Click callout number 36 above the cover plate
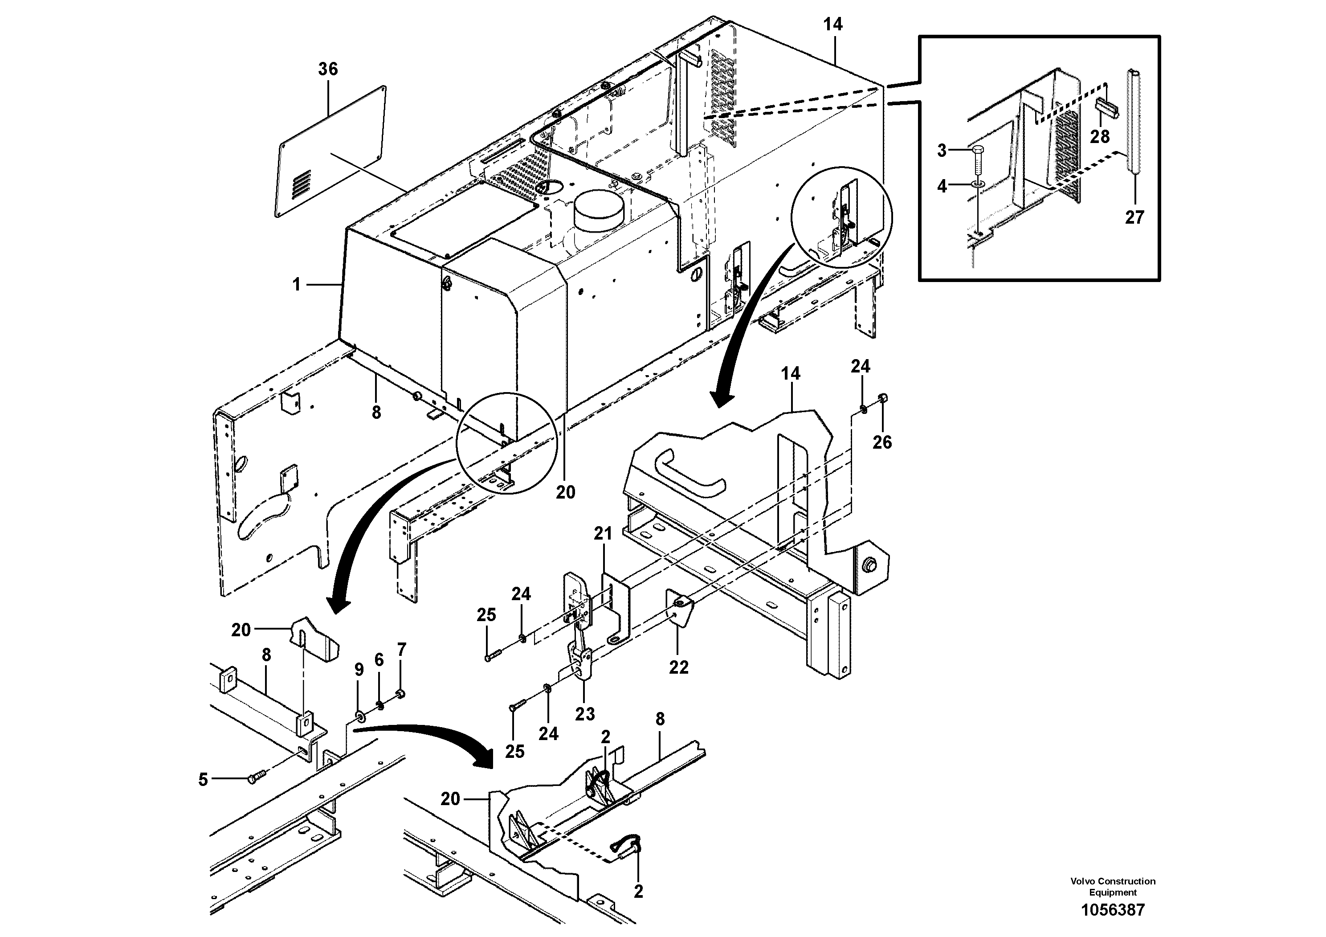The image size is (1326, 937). pos(327,70)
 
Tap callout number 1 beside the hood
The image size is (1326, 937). pos(296,284)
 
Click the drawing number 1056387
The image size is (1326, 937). pos(1112,910)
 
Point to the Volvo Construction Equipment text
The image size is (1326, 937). pos(1112,887)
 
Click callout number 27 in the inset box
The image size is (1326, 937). pos(1134,218)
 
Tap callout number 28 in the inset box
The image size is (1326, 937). pos(1100,137)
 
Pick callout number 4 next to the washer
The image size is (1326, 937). pos(942,187)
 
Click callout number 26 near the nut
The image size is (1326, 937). pos(882,442)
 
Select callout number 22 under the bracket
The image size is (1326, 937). pos(679,667)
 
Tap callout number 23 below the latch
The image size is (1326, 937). pos(584,714)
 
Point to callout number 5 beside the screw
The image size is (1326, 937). pos(203,780)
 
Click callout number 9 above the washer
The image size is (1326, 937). pos(359,670)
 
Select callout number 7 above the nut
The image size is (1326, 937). pos(401,650)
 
